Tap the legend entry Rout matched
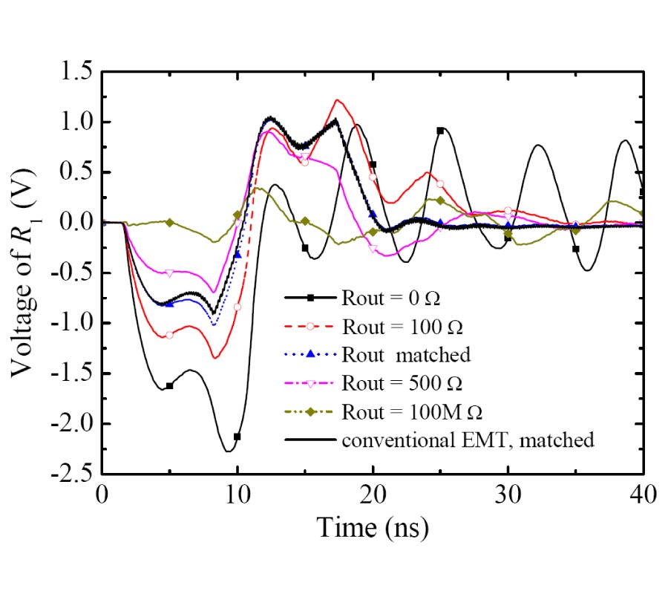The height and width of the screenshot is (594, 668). [406, 354]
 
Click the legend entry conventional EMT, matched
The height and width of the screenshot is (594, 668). [468, 440]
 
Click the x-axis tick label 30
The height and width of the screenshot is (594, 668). [508, 495]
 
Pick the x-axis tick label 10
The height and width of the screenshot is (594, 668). [238, 495]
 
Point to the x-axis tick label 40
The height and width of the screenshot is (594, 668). [643, 495]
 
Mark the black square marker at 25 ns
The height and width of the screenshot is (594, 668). [440, 131]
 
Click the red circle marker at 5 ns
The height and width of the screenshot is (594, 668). [170, 335]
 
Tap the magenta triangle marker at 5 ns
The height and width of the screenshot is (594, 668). [170, 273]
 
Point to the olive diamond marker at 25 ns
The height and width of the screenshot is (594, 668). [440, 200]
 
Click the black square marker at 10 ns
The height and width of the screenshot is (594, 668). [238, 437]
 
